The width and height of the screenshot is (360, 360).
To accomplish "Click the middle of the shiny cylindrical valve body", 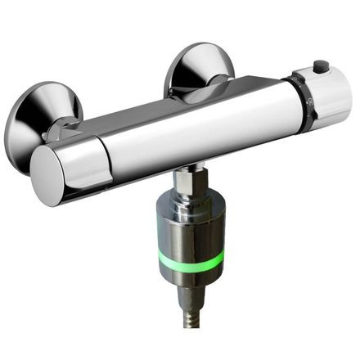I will pyautogui.click(x=205, y=135).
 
